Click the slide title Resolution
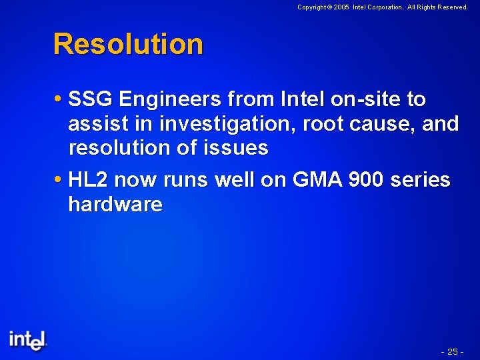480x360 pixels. [128, 44]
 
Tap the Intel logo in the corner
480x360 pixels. [28, 339]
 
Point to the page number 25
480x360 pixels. [453, 351]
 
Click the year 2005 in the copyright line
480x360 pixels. [341, 7]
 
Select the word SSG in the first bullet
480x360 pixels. [92, 99]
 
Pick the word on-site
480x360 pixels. [356, 99]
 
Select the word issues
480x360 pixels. [241, 148]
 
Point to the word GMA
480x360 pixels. [309, 180]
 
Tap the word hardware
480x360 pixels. [115, 204]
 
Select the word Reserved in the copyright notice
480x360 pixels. [451, 7]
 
